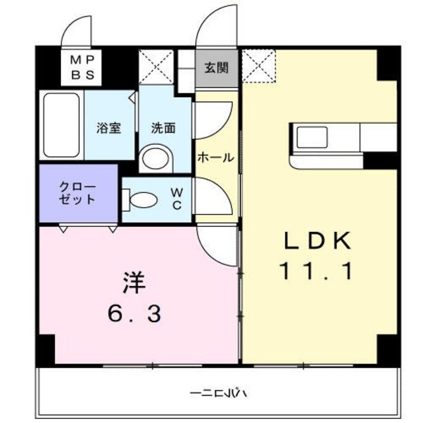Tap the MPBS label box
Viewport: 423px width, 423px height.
click(83, 67)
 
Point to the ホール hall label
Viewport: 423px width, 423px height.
click(216, 157)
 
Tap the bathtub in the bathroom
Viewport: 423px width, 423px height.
click(61, 125)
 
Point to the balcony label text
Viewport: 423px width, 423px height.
click(219, 394)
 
